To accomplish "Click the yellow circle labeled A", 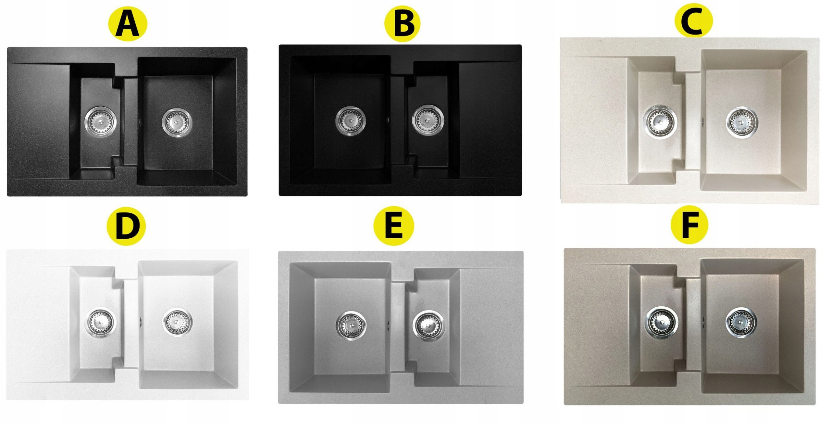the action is (x=128, y=24).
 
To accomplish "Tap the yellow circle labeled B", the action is (x=402, y=24).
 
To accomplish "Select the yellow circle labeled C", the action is (x=693, y=20).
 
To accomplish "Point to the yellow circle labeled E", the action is (x=393, y=225).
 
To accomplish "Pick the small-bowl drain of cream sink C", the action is (x=660, y=122).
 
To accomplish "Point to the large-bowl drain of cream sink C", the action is (x=742, y=123).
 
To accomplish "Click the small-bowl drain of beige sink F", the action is (x=661, y=323).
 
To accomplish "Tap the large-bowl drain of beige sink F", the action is (x=741, y=323).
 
